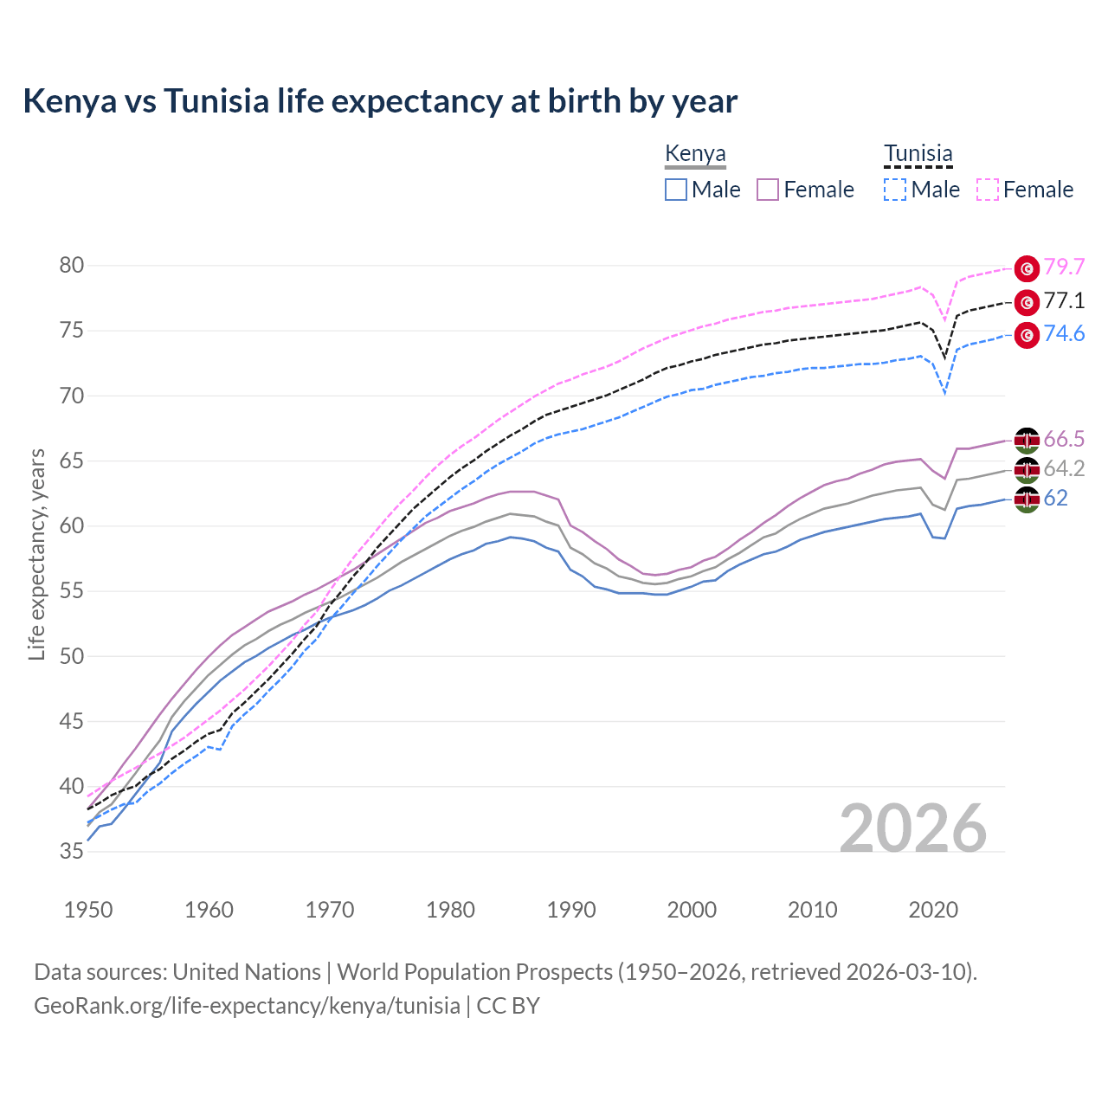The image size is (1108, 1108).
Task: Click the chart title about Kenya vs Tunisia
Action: (380, 101)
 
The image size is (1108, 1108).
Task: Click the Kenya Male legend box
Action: (676, 190)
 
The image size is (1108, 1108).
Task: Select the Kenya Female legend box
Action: (768, 190)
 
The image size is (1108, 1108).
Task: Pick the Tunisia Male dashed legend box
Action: (895, 190)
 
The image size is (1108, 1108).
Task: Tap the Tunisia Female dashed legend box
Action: (987, 190)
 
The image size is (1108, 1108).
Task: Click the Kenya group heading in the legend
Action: (695, 154)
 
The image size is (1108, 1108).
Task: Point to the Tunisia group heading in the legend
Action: (918, 154)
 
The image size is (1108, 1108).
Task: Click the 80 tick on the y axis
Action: (72, 266)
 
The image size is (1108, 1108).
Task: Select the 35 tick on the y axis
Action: (72, 852)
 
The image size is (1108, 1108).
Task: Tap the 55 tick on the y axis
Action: (72, 591)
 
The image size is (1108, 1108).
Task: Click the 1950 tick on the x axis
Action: (88, 910)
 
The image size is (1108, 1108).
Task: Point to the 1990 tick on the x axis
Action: (571, 910)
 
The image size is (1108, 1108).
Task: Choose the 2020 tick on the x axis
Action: (933, 910)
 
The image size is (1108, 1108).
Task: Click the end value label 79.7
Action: (1064, 267)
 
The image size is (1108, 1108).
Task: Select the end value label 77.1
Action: (1064, 300)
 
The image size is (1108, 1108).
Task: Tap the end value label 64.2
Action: (1064, 468)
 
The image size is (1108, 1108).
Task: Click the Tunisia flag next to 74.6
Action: (1027, 335)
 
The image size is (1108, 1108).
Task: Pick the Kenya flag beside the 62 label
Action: (1027, 499)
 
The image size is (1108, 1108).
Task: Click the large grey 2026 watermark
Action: (913, 828)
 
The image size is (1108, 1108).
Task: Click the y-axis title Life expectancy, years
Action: (36, 554)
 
